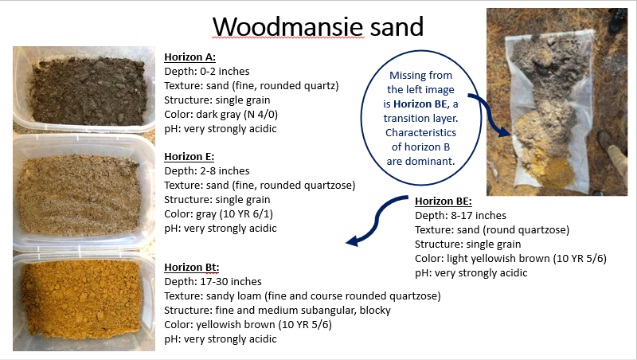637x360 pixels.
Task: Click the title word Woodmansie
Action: tap(288, 27)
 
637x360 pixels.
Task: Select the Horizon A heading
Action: tap(190, 57)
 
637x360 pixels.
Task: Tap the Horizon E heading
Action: tap(189, 157)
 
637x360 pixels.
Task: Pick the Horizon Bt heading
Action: tap(191, 268)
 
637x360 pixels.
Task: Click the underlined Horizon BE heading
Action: tap(444, 202)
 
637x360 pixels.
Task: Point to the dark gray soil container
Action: tap(84, 89)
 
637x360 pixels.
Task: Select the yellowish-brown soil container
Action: tap(84, 303)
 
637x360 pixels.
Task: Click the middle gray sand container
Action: tap(84, 192)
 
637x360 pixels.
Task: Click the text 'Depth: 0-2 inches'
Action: tap(207, 72)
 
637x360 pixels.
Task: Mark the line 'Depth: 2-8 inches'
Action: tap(207, 171)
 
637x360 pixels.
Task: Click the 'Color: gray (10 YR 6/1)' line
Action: tap(218, 214)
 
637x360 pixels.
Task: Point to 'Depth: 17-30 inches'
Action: tap(213, 282)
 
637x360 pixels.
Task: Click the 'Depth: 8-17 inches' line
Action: tap(461, 215)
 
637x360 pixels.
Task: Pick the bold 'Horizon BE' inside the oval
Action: tap(420, 104)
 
